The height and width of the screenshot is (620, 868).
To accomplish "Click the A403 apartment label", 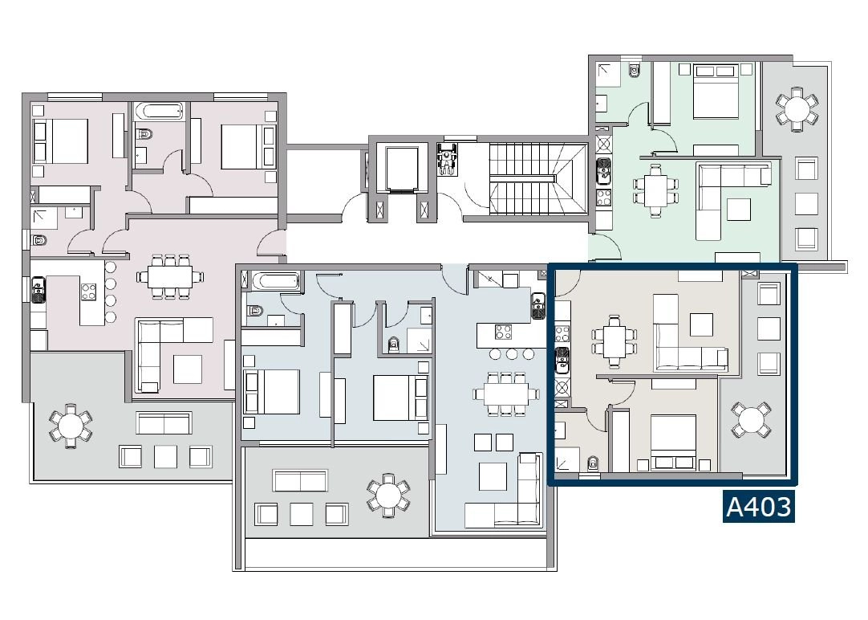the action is coord(758,507).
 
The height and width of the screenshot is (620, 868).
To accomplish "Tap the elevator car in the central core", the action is coord(402,168).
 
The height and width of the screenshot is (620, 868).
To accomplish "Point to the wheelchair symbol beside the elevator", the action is coord(447,160).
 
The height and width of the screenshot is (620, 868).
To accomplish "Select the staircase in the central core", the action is coord(538,178).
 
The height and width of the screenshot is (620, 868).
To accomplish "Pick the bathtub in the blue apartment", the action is coord(276,281).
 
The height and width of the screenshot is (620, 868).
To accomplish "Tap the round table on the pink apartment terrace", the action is coord(71,426).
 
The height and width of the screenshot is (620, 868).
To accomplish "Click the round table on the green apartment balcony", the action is coord(797,108).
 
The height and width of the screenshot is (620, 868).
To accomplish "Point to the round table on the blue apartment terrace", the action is coord(388,496).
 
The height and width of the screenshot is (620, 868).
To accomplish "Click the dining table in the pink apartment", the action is coord(170,276).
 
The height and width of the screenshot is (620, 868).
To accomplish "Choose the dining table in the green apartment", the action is coord(656,190).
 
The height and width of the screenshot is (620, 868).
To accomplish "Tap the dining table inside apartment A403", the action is coord(614,342).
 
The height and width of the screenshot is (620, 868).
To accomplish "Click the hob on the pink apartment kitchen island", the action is coord(88,292).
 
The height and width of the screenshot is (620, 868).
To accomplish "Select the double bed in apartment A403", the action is coord(673,443).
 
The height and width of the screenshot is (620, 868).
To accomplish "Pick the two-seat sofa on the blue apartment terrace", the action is coord(300,480).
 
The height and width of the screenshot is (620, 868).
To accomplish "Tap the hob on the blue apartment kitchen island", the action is coord(503,332).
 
